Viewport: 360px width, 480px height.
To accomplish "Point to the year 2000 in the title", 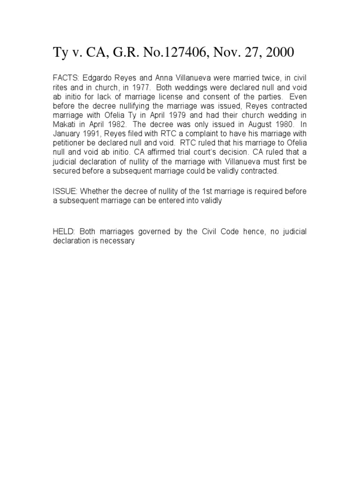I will point(279,53).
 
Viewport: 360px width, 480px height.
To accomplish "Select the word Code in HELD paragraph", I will point(217,232).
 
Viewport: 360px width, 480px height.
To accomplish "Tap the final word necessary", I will point(119,241).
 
